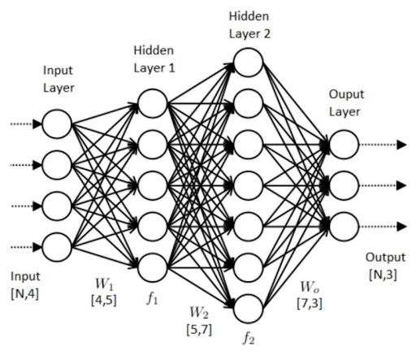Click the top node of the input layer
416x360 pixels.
click(x=56, y=124)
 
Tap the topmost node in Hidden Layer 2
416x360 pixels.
click(x=247, y=63)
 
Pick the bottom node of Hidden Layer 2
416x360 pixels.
click(x=247, y=308)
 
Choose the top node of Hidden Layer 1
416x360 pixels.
click(x=152, y=103)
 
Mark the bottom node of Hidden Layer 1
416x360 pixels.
click(x=152, y=266)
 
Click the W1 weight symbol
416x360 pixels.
click(x=103, y=285)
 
